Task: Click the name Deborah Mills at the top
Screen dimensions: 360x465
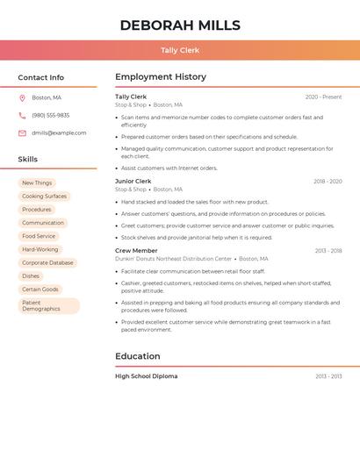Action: pos(179,25)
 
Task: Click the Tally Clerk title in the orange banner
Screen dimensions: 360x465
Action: pos(179,50)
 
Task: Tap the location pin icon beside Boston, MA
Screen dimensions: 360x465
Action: pos(22,97)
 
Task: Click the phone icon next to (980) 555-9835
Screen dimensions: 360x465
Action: pos(22,115)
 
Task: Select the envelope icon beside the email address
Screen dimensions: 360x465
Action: pos(22,132)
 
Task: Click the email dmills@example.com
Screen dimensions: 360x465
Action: pos(59,132)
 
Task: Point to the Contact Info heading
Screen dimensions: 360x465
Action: pos(40,77)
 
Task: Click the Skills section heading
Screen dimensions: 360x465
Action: pos(27,160)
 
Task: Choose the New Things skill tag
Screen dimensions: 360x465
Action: pos(37,182)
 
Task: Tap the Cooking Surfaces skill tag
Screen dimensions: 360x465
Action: pos(44,196)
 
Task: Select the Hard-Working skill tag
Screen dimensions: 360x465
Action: pos(40,249)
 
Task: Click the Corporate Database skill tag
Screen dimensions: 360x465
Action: pos(47,262)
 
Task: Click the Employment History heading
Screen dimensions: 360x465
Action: pos(160,77)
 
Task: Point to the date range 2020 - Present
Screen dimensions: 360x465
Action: pos(323,97)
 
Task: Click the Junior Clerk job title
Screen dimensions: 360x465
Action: pos(133,181)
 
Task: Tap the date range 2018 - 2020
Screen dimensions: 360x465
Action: pos(328,181)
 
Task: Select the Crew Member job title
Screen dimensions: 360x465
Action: pos(136,250)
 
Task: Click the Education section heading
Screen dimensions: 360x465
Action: pos(137,356)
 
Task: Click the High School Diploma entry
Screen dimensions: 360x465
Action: pos(146,376)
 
